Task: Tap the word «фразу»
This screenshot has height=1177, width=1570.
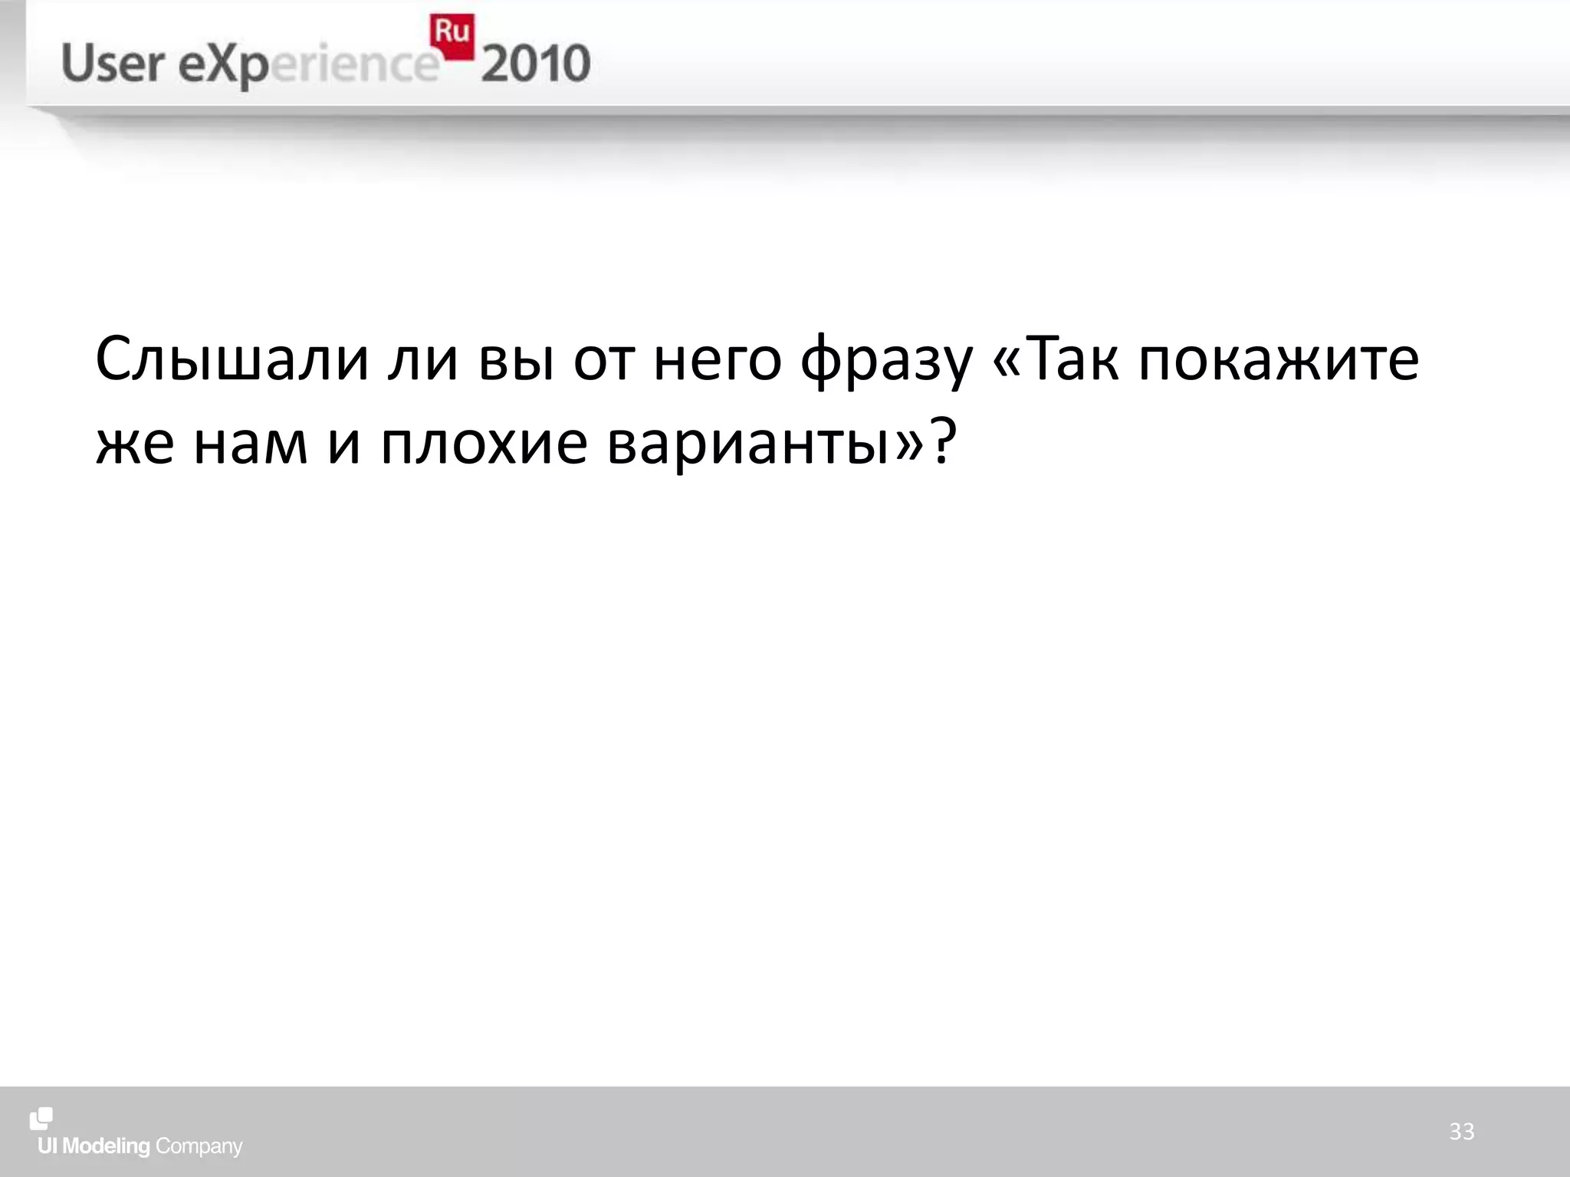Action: (x=886, y=360)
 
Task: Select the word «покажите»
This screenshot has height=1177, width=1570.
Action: (x=1278, y=359)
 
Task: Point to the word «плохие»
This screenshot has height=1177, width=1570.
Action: (x=484, y=444)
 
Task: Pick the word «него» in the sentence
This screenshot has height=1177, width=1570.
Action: (x=717, y=360)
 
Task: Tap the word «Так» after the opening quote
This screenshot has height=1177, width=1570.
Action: (x=1070, y=359)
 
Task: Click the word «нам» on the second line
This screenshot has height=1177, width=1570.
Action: (x=251, y=444)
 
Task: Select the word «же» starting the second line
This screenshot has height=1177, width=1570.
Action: (x=135, y=444)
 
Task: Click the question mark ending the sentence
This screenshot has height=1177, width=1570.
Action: (x=944, y=441)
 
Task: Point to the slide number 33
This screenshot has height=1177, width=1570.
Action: (x=1461, y=1131)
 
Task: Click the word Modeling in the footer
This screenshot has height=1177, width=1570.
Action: (x=106, y=1146)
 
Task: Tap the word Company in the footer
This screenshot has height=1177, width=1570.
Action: (x=199, y=1147)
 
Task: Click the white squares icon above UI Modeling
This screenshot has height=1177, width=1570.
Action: (x=41, y=1119)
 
